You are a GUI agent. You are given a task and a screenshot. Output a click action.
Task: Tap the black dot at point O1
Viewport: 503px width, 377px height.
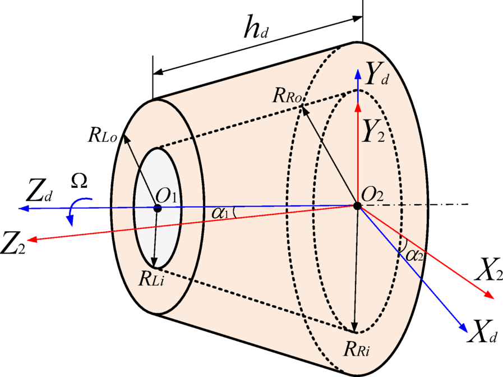point(158,208)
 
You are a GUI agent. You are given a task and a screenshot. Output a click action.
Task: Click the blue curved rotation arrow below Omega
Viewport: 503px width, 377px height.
point(70,212)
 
